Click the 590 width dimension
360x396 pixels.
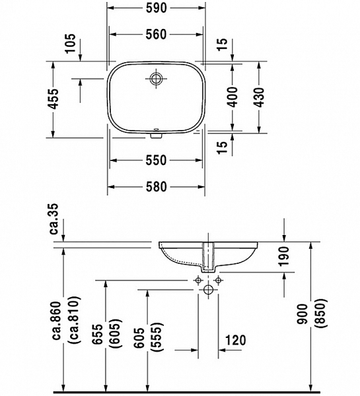[156, 9]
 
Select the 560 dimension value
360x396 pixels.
[156, 35]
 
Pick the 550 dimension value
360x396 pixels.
[156, 160]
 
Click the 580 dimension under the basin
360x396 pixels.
[156, 187]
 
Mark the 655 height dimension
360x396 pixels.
[97, 336]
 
